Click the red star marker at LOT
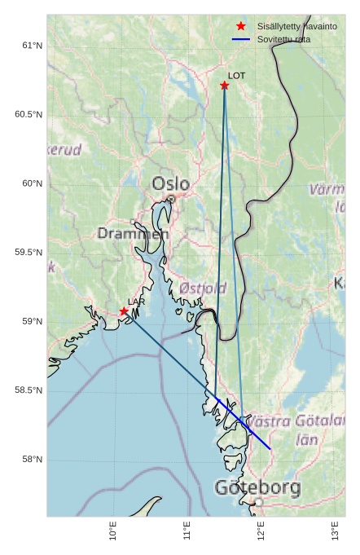tap(225, 86)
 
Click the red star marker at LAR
tap(124, 311)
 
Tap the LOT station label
tap(236, 76)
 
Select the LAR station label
tap(136, 302)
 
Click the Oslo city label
tap(170, 184)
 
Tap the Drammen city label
tap(134, 234)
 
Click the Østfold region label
tap(203, 289)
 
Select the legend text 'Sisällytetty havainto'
tap(296, 26)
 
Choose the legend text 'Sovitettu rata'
tap(283, 39)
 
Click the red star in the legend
tap(241, 26)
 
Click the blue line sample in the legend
tap(241, 39)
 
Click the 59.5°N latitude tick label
tap(29, 253)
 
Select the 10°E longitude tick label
tap(112, 531)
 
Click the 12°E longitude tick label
tap(261, 531)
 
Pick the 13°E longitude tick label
tap(336, 531)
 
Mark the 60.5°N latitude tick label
tap(29, 115)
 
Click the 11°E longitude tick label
tap(187, 531)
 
